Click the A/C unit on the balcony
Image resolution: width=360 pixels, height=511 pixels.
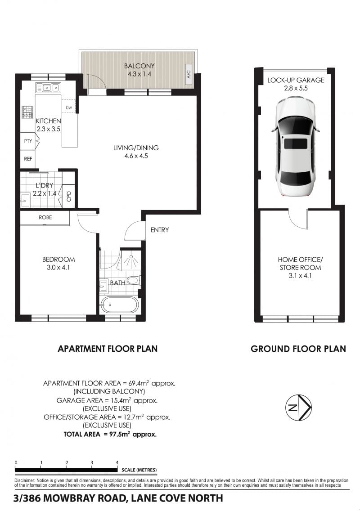tap(189, 74)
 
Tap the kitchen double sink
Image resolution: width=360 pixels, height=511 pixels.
tap(48, 87)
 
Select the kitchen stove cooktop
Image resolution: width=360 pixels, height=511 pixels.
tap(28, 112)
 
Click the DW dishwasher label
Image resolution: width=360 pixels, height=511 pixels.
tap(69, 108)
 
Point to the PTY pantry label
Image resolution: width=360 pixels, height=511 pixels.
tap(28, 141)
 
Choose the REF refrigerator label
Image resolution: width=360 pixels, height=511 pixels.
tap(28, 159)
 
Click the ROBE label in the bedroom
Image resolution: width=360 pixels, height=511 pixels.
tap(45, 217)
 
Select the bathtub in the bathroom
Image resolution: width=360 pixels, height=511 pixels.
tap(119, 305)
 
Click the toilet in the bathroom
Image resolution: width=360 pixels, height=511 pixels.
tap(133, 280)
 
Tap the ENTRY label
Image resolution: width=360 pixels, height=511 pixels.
tap(160, 230)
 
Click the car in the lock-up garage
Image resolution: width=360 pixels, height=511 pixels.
tap(296, 147)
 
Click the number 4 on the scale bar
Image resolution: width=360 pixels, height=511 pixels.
tap(117, 462)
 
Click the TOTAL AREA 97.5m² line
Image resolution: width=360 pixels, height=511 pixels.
tap(110, 434)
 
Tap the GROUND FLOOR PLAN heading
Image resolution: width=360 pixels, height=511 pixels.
tap(298, 349)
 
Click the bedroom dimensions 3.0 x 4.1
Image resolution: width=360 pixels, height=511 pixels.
tap(58, 268)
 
